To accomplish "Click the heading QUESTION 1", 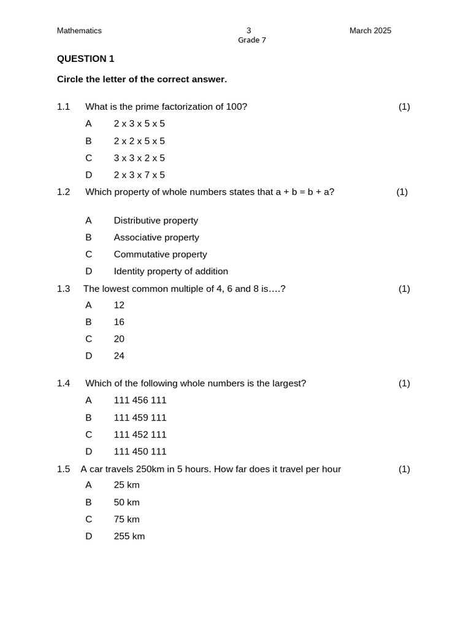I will (85, 59).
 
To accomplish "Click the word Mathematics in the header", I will (79, 31).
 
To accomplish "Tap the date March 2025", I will (370, 31).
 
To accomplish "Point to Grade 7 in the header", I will (251, 40).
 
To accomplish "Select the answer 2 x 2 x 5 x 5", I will (139, 141).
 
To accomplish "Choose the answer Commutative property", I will (160, 255).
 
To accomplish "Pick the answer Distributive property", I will (156, 221).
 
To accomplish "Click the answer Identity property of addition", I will (170, 272).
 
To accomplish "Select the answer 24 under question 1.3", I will (119, 356).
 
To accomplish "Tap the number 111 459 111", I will (140, 418).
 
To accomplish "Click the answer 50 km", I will (126, 502).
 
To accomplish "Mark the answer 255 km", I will (129, 537).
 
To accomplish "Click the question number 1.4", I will (63, 383).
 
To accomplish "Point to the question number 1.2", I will (63, 192).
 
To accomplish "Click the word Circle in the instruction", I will (71, 79).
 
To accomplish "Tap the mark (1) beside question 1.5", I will (404, 469).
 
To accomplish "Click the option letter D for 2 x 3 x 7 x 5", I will (88, 175).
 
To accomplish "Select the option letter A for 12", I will (88, 305).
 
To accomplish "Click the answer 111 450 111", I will (140, 452).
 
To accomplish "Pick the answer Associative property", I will (156, 237).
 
